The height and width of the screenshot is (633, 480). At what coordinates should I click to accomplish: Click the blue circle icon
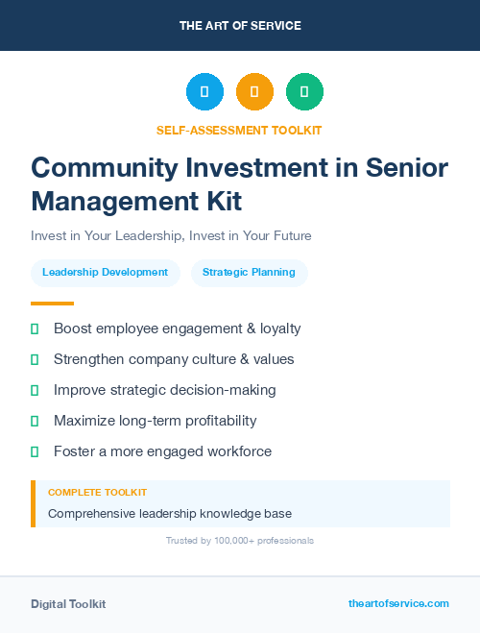pyautogui.click(x=204, y=91)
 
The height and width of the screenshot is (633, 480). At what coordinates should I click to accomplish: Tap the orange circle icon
pyautogui.click(x=254, y=91)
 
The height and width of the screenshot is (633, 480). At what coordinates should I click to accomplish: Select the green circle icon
pyautogui.click(x=304, y=91)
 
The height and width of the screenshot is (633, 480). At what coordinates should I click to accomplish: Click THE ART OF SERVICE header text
pyautogui.click(x=240, y=26)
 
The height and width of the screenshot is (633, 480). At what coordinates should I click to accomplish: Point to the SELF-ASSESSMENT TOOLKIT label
pyautogui.click(x=240, y=130)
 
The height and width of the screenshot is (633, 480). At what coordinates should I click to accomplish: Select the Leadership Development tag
pyautogui.click(x=106, y=273)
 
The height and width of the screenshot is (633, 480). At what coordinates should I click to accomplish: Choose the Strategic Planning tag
pyautogui.click(x=250, y=273)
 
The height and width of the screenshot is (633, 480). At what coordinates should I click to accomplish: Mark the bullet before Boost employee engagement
pyautogui.click(x=35, y=329)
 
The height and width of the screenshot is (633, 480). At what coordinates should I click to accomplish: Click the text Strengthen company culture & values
pyautogui.click(x=174, y=359)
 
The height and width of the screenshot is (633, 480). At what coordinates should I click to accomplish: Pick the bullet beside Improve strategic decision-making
pyautogui.click(x=35, y=390)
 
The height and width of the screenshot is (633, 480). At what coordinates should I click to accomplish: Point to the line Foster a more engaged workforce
pyautogui.click(x=162, y=451)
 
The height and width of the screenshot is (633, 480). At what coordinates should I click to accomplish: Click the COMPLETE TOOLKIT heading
pyautogui.click(x=97, y=492)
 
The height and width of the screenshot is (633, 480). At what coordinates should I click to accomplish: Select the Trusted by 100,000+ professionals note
pyautogui.click(x=240, y=541)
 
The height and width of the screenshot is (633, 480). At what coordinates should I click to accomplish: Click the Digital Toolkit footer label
pyautogui.click(x=68, y=604)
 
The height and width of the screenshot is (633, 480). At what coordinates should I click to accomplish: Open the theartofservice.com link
pyautogui.click(x=398, y=603)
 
